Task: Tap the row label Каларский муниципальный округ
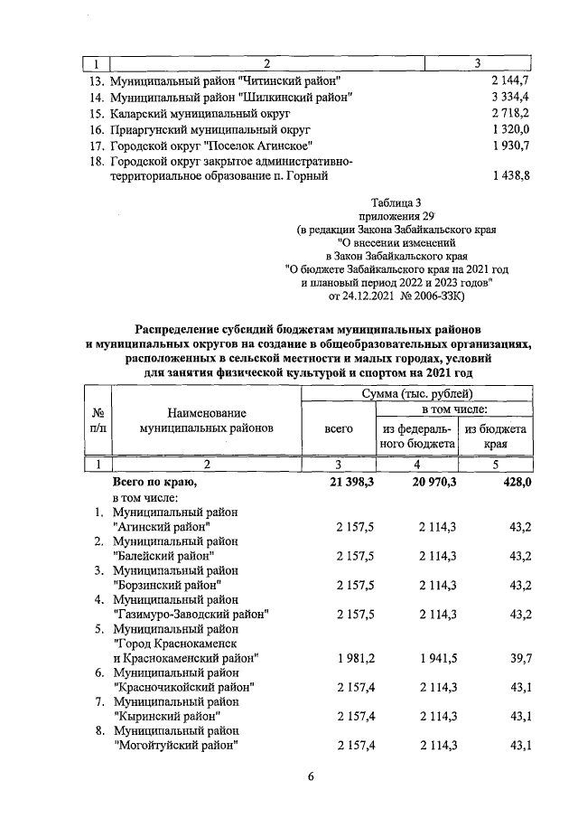pos(200,113)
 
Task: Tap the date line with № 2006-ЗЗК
pos(396,296)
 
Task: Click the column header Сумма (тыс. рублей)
pos(417,394)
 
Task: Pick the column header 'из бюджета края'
pos(496,437)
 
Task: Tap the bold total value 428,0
pos(512,483)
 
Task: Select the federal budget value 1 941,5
pos(437,658)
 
